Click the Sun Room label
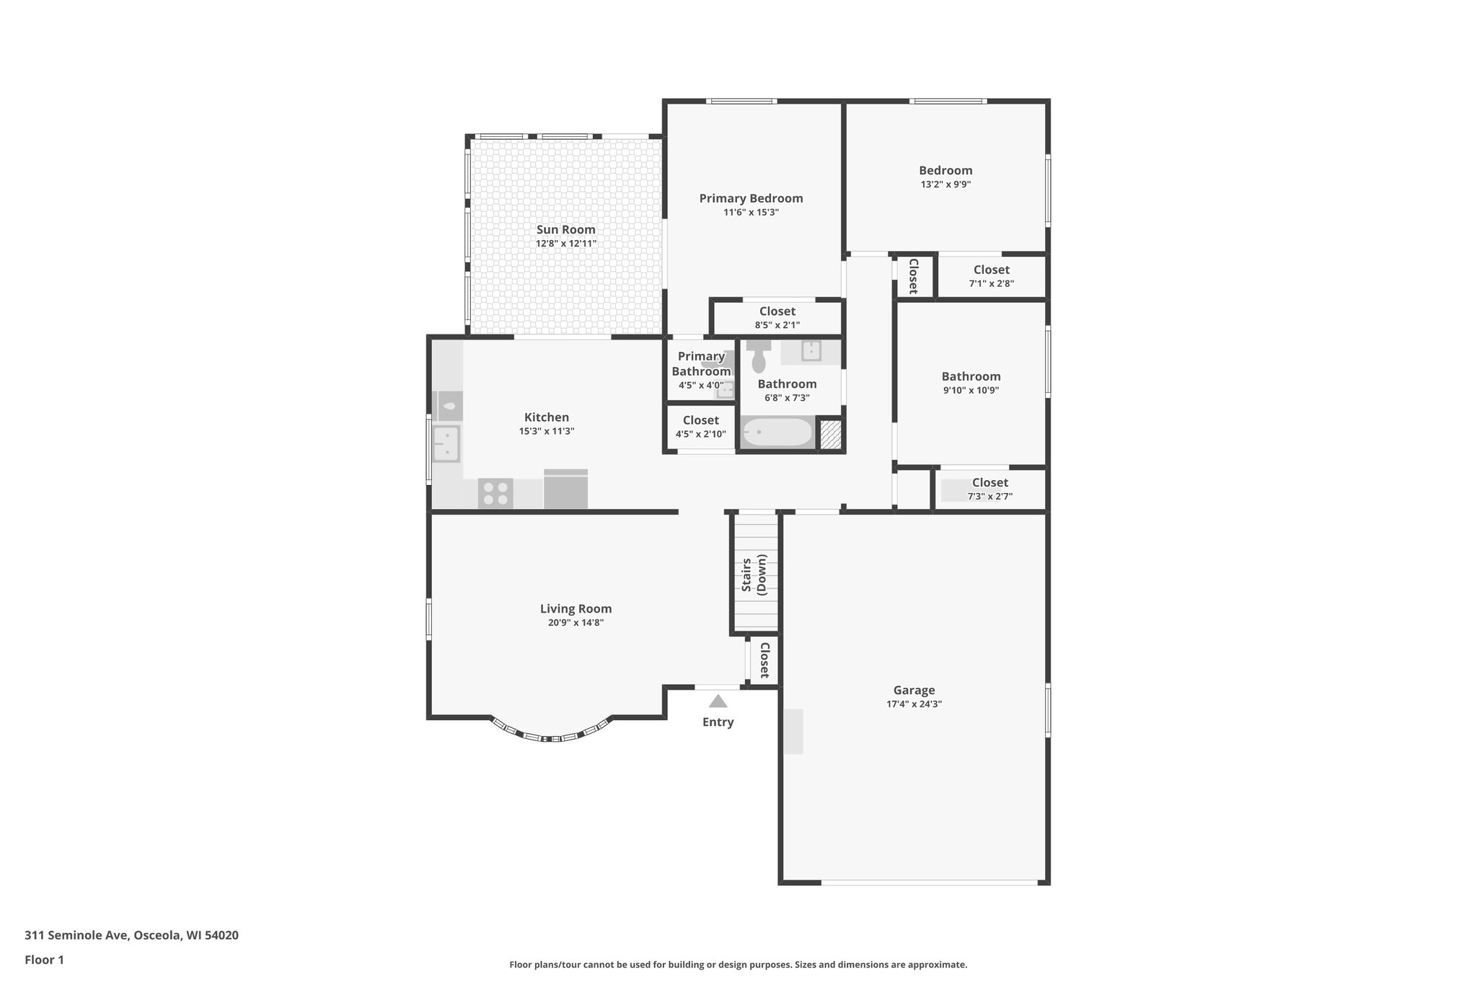(x=565, y=230)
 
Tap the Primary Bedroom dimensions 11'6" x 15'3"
(x=751, y=213)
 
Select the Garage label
(x=914, y=690)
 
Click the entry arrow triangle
(x=718, y=701)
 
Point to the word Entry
(x=718, y=722)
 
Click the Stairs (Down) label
(x=754, y=574)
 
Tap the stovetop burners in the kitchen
(x=495, y=493)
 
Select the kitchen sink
(x=446, y=443)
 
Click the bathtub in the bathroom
(x=777, y=433)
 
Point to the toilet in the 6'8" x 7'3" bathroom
(x=758, y=358)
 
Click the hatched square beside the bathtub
(x=831, y=435)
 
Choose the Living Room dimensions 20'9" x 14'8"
(x=576, y=623)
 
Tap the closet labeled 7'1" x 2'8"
(x=991, y=276)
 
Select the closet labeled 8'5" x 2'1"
(x=777, y=318)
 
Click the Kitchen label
(x=546, y=417)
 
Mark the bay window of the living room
(x=552, y=735)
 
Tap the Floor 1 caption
(x=44, y=960)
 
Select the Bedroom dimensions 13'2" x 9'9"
(x=945, y=185)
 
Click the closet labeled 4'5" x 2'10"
(x=700, y=427)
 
